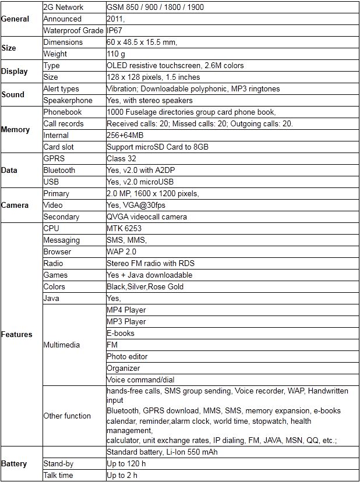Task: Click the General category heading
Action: pyautogui.click(x=16, y=19)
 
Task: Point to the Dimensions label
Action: pyautogui.click(x=63, y=42)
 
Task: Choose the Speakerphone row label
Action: pyautogui.click(x=68, y=100)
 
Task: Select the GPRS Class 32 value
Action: pyautogui.click(x=122, y=158)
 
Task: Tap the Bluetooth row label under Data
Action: pyautogui.click(x=59, y=170)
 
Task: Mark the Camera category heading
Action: pyautogui.click(x=15, y=205)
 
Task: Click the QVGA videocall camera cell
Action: pyautogui.click(x=147, y=217)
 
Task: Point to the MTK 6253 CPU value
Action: pyautogui.click(x=123, y=228)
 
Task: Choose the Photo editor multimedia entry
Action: pyautogui.click(x=127, y=356)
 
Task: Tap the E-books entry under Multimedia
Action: pyautogui.click(x=120, y=333)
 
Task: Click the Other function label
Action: pyautogui.click(x=67, y=416)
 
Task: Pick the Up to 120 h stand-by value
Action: pyautogui.click(x=127, y=464)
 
